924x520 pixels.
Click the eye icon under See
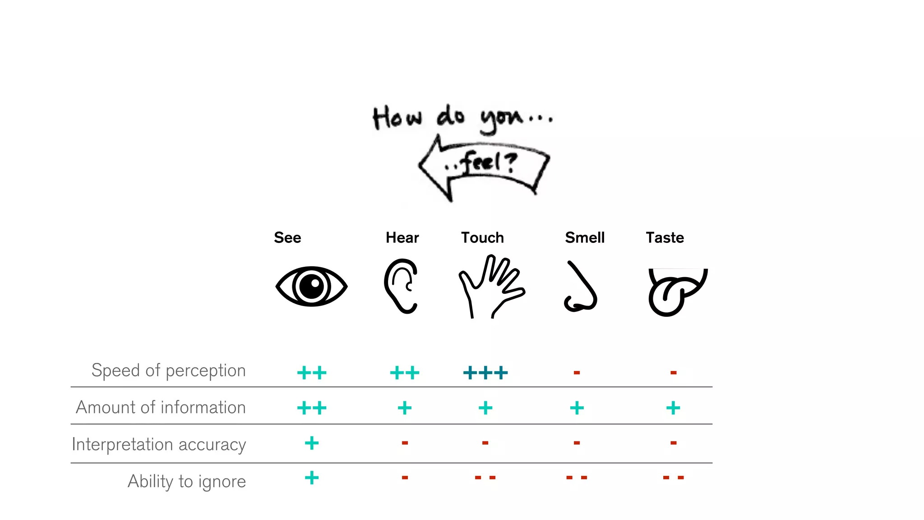[x=311, y=286]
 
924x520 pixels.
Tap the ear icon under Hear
[x=401, y=286]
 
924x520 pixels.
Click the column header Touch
[x=482, y=237]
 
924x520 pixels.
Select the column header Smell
[x=585, y=237]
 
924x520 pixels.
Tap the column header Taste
[x=665, y=237]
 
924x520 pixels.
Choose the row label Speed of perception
[x=169, y=371]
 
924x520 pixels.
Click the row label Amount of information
[x=161, y=408]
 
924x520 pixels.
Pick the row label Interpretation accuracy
[x=159, y=445]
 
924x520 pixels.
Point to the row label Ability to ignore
[x=187, y=482]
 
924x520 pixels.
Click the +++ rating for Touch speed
[x=485, y=373]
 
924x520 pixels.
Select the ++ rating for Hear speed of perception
[x=405, y=373]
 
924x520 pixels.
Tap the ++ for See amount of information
[x=312, y=408]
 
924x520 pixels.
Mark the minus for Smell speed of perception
[x=577, y=373]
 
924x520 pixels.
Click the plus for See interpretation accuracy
[x=312, y=443]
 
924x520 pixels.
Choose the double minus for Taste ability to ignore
[x=673, y=478]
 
